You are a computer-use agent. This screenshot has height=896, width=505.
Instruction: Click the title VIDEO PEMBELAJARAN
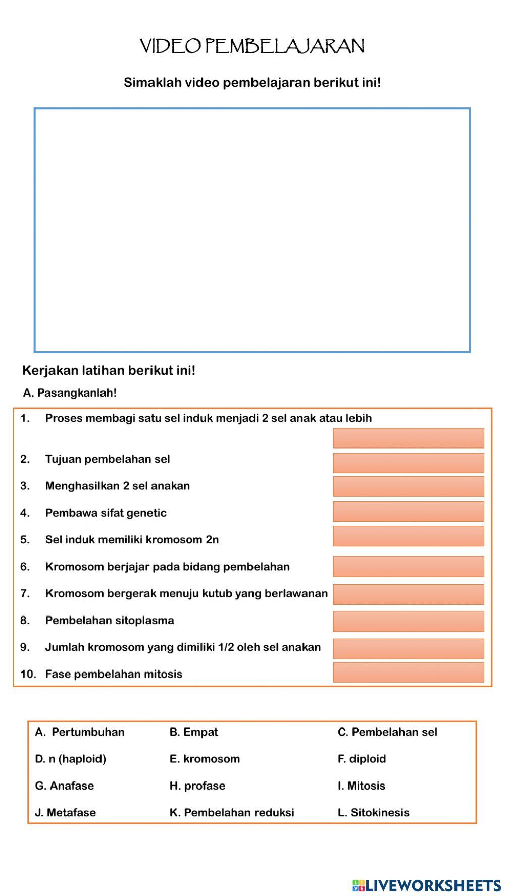point(252,46)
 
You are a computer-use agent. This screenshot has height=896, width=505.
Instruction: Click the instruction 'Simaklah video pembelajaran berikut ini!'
point(252,83)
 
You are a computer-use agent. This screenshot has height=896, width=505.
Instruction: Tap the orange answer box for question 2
point(408,463)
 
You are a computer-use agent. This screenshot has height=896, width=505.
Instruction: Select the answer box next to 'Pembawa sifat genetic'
point(408,512)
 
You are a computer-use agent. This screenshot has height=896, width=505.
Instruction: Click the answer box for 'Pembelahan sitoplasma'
point(408,621)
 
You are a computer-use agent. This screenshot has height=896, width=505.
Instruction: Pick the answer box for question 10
point(408,673)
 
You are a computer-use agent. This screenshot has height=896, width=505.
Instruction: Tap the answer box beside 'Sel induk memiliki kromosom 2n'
point(408,536)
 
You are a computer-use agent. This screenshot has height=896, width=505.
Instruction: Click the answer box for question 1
point(408,438)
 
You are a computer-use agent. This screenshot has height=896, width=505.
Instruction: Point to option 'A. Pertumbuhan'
point(80,732)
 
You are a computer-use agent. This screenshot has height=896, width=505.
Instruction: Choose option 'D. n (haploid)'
point(70,759)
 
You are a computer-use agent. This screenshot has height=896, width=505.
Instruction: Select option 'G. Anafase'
point(64,786)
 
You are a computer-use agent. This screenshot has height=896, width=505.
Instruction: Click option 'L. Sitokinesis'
point(373,812)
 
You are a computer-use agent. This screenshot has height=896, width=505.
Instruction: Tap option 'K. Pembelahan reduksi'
point(232,812)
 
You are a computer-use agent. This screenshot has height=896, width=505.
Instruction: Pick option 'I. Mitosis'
point(361,786)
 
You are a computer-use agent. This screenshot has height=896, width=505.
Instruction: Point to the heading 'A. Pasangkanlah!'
point(70,393)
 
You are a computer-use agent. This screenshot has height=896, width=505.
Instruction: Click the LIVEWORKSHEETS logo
point(427,885)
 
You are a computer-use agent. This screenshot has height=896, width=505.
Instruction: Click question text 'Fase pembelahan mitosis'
point(114,674)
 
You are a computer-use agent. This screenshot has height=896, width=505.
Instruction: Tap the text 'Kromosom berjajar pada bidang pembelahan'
point(167,567)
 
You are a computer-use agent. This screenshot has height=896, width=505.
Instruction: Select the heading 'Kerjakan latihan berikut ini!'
point(109,371)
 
